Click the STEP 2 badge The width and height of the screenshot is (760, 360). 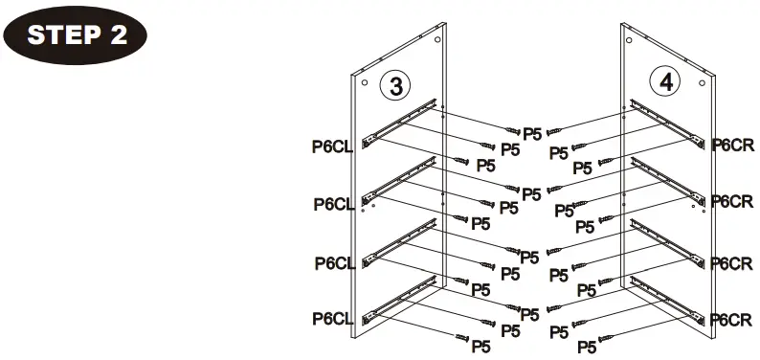coord(77,35)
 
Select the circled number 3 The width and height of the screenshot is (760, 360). coord(394,84)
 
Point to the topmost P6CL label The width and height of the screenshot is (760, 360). coord(331,146)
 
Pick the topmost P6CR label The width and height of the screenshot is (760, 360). coord(733,145)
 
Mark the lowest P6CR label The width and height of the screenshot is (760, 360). coord(733,318)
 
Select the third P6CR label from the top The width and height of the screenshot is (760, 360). coord(733,261)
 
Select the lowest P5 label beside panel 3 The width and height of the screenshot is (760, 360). coord(481,346)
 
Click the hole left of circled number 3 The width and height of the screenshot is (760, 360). coord(365,83)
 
